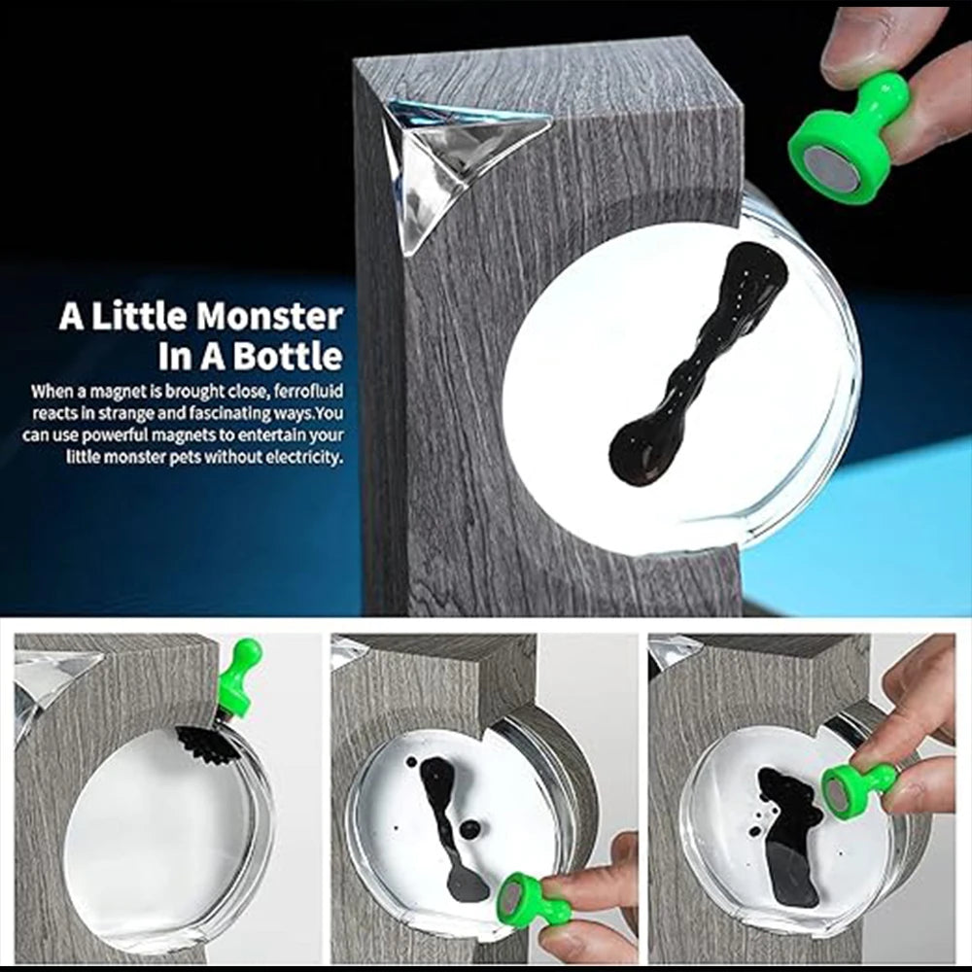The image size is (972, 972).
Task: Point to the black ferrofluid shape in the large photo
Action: pos(697,363)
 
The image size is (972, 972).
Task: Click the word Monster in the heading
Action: pos(269,317)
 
